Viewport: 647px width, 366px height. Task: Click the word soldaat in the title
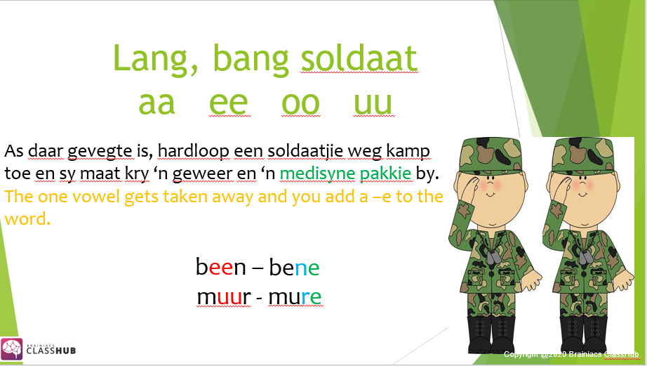359,59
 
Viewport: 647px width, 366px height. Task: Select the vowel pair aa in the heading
156,103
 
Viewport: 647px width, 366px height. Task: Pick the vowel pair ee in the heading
229,103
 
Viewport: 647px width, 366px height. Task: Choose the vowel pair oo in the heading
300,103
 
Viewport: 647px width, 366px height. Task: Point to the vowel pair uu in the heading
373,103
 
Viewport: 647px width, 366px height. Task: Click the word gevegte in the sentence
100,152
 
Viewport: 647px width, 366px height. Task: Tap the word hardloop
194,152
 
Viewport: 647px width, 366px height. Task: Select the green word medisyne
317,174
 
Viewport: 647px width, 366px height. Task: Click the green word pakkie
385,174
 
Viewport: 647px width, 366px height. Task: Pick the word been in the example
221,267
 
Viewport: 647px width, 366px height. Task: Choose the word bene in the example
294,267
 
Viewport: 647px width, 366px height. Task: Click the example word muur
224,296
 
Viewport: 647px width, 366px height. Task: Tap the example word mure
295,296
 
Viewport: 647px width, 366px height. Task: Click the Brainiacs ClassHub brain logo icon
11,349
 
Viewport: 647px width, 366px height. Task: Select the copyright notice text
571,354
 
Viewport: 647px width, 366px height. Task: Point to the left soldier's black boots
492,334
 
